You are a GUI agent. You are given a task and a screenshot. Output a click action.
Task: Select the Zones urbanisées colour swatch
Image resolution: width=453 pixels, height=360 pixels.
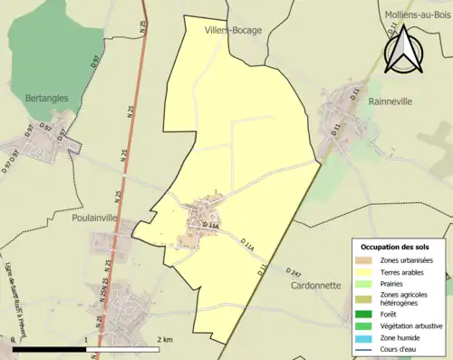[365, 260]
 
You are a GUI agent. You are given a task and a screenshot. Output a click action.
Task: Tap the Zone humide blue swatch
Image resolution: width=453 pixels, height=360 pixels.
[365, 337]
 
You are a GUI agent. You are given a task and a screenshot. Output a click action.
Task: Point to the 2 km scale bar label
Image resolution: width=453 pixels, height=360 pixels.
[164, 340]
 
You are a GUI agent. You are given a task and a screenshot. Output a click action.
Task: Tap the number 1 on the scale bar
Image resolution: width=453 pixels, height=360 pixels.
[86, 340]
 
